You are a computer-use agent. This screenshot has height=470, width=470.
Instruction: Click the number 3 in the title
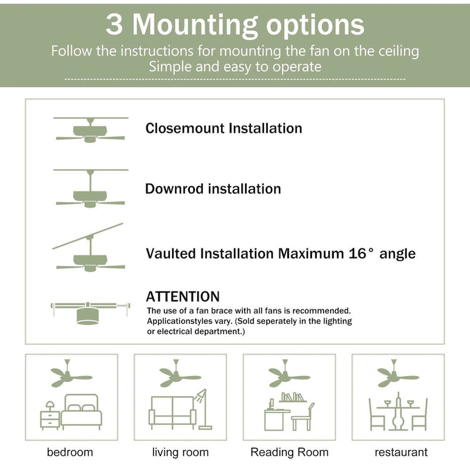[x=116, y=25]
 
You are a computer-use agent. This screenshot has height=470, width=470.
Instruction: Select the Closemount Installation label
[x=224, y=128]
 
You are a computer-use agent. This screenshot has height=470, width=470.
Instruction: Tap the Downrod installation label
[x=213, y=189]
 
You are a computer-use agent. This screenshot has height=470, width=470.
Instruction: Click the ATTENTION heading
[x=183, y=297]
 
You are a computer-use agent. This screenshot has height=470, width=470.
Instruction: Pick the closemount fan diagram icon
[x=90, y=130]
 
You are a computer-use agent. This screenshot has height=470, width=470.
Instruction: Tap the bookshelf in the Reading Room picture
[x=293, y=398]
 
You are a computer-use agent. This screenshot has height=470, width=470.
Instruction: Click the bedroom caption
[x=70, y=452]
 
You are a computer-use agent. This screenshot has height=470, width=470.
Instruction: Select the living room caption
[x=180, y=452]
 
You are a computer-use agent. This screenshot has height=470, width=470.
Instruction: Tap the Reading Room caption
[x=290, y=452]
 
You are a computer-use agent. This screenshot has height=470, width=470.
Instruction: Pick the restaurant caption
[x=401, y=452]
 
